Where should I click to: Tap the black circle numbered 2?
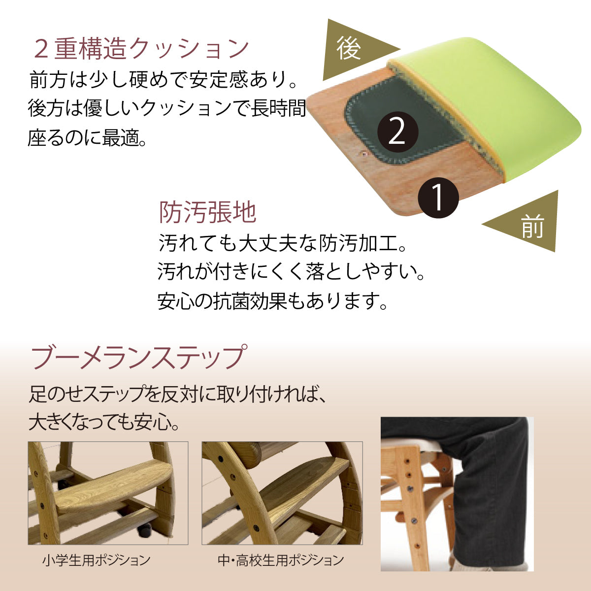[397, 132]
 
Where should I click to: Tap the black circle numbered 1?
[438, 198]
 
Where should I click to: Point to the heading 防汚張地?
[208, 212]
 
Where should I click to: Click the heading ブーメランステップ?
[138, 358]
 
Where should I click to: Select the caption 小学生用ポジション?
[97, 560]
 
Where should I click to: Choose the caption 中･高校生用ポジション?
[281, 560]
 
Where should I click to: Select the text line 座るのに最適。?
[87, 137]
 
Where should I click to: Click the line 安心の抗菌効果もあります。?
[272, 301]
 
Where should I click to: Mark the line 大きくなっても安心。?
[104, 422]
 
